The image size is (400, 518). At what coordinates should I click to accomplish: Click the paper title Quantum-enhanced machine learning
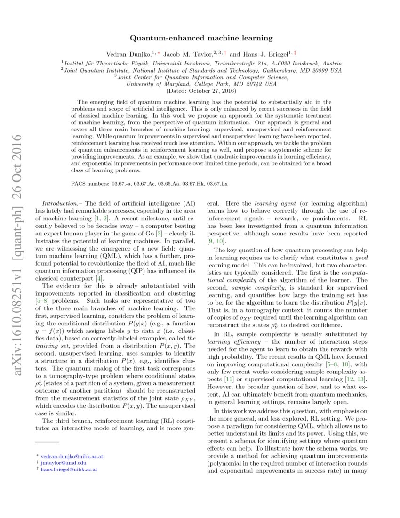click(x=201, y=37)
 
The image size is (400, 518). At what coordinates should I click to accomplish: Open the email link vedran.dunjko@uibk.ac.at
click(x=69, y=456)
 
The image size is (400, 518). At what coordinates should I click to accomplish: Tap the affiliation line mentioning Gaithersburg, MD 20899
click(x=201, y=70)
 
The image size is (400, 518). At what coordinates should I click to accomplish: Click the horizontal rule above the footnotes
click(x=47, y=442)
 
